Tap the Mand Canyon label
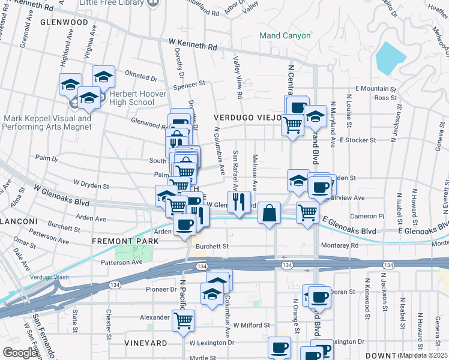coord(285,35)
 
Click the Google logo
coord(20,352)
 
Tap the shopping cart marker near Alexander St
coord(183,319)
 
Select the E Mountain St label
coord(376,88)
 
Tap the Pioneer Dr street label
coord(159,289)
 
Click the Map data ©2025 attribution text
coord(423,355)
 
